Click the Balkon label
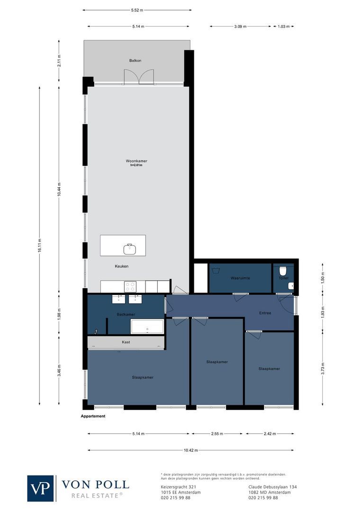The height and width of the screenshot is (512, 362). pos(136,61)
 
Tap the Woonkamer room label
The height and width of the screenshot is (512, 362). pos(136,161)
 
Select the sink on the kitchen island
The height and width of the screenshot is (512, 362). pos(129,248)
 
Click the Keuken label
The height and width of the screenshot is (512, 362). pos(121,266)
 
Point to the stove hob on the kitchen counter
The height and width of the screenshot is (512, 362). pos(130,286)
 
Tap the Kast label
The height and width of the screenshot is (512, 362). pos(126,342)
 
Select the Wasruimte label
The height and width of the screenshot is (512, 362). pos(240,278)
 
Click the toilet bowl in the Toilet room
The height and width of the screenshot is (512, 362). pos(283,271)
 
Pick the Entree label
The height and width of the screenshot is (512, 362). pos(265,313)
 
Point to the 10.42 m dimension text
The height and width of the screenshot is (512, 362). pos(190,450)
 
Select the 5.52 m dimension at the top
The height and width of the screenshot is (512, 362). pos(137,9)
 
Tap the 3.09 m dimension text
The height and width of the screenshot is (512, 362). pos(240,27)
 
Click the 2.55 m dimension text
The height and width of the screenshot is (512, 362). pos(217,433)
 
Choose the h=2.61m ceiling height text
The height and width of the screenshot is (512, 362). pos(136,165)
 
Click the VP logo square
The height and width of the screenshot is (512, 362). pos(41,488)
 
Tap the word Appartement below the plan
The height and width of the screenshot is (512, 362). pos(93,416)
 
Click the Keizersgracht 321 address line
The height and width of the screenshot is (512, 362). pos(176,487)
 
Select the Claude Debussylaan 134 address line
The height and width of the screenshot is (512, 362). pos(272,487)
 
